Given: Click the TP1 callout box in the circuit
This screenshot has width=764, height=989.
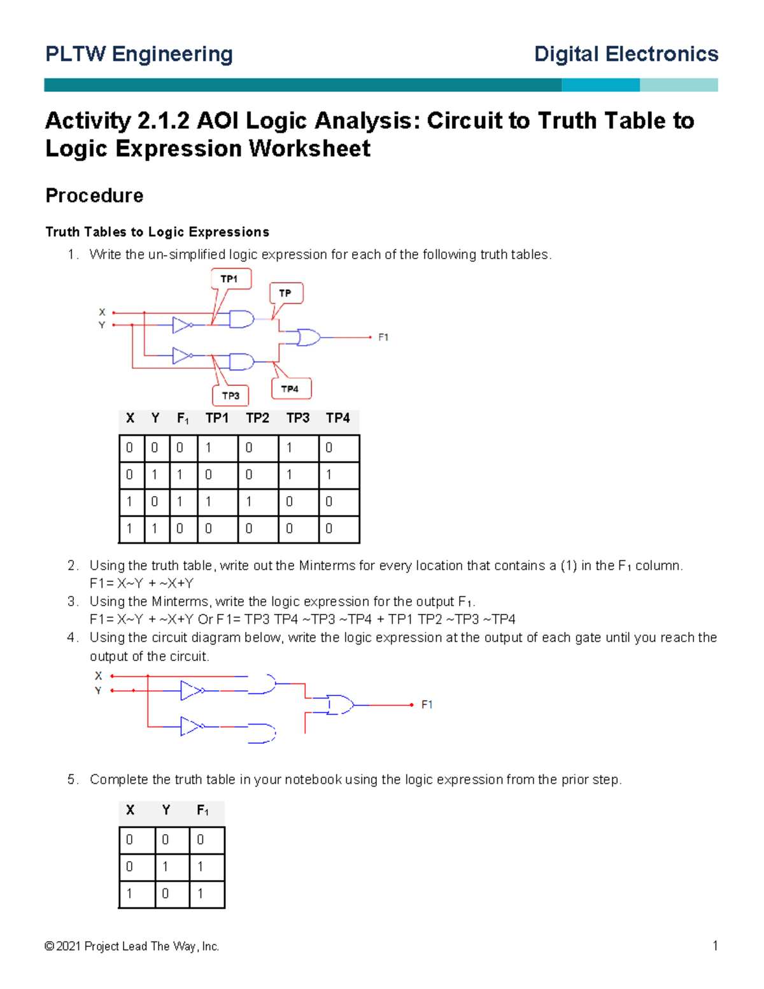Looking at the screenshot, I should pos(230,279).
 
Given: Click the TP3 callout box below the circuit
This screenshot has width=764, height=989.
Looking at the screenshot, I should pos(230,395).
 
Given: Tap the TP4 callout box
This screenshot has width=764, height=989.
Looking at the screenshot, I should pos(291,388).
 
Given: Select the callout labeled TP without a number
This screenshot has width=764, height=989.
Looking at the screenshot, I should pos(286,293).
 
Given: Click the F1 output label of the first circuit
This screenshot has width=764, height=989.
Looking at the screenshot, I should pos(383,338).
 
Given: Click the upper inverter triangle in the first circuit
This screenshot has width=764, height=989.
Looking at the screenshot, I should pos(181,325).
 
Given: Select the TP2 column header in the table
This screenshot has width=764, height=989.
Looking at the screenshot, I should pos(257,418).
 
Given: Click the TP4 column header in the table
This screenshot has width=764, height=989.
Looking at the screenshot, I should pos(337,418).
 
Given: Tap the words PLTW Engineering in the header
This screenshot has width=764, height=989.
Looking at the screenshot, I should pos(139,54).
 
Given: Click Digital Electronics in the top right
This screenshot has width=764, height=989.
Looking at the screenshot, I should pos(626,54).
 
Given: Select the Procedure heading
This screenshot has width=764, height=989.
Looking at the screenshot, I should pos(94,196).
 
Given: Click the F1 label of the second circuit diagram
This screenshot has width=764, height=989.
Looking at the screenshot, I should pos(427,704).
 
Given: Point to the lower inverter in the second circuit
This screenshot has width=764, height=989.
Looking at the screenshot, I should pos(190,726).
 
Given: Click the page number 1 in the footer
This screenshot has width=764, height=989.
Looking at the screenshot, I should pos(715,946).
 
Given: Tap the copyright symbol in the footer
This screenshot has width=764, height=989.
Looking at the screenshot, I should pos(49,946).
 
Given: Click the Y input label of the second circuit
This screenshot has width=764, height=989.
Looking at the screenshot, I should pos(98,690).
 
